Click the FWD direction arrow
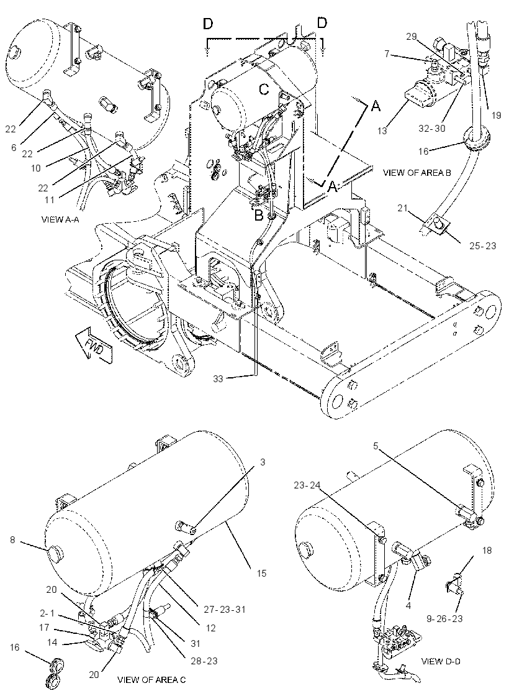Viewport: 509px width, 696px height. [x=94, y=344]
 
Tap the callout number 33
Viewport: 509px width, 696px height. [x=218, y=378]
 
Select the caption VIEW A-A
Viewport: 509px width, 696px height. [x=60, y=219]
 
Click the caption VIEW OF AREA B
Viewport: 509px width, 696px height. [x=417, y=173]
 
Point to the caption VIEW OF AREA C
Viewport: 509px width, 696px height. [x=151, y=679]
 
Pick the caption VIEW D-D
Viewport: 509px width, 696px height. [x=441, y=661]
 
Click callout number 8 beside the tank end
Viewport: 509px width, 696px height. [x=12, y=540]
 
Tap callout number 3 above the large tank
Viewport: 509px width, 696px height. [x=263, y=462]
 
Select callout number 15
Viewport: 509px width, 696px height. [x=261, y=573]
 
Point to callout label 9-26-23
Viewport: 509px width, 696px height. [x=444, y=618]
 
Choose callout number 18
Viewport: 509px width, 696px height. [x=487, y=551]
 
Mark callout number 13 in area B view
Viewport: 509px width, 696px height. [x=383, y=130]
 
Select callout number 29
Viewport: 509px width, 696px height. [x=411, y=37]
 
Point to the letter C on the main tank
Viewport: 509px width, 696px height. [x=264, y=89]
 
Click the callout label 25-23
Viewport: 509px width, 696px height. [x=484, y=245]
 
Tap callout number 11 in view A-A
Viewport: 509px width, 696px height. [x=50, y=199]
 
